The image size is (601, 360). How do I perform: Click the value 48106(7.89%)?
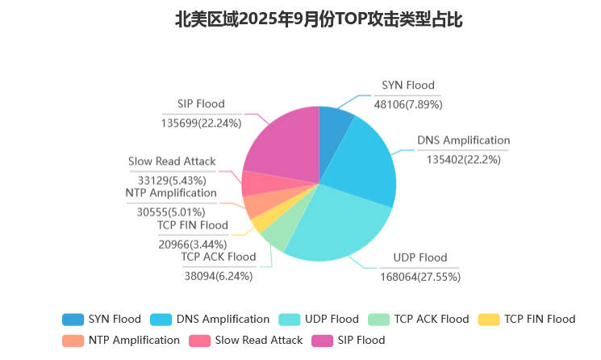407,103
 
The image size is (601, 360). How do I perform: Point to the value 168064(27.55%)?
419,276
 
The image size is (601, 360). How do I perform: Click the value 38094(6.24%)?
219,275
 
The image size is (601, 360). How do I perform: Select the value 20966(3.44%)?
193,244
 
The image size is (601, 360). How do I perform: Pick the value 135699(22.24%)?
201,122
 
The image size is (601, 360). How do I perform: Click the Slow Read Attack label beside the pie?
172,161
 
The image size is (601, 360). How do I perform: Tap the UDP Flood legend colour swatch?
291,319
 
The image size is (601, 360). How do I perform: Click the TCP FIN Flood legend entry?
528,319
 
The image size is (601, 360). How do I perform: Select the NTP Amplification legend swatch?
73,340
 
